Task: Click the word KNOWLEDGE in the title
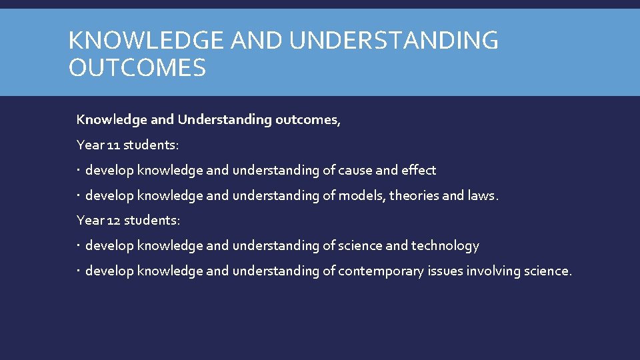click(x=145, y=41)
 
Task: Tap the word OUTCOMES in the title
click(x=137, y=67)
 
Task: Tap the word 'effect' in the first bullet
click(x=418, y=171)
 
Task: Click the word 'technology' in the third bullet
click(x=445, y=246)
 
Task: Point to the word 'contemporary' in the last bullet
click(x=381, y=271)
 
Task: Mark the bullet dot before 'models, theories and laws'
click(x=79, y=196)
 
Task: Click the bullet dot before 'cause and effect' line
click(x=79, y=171)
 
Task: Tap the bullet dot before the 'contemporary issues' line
click(x=79, y=271)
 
